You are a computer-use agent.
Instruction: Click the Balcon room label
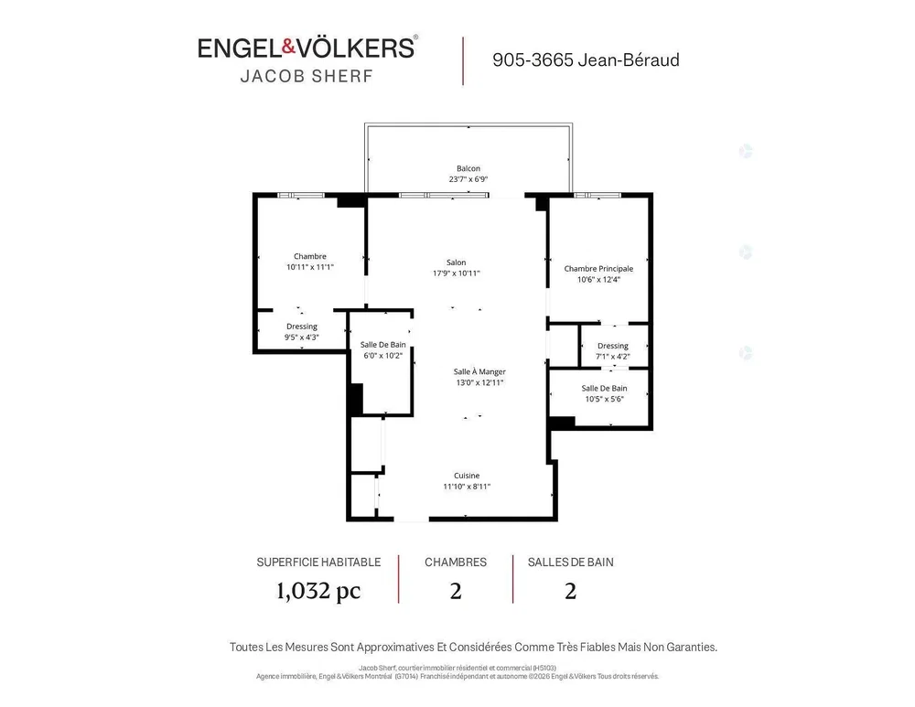pos(468,168)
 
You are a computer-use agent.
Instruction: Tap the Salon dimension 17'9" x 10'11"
pos(457,273)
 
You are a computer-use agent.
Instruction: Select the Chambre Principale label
pos(598,269)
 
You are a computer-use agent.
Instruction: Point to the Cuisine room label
pos(467,476)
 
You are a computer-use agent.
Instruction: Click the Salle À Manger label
pos(479,371)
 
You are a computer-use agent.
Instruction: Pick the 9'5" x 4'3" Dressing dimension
pos(302,337)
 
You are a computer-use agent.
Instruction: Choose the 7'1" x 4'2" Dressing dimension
pos(613,357)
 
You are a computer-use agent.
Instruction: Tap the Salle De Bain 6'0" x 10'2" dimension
pos(382,355)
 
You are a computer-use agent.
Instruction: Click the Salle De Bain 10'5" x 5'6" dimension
pos(605,399)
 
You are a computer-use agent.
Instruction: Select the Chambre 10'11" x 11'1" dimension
pos(310,267)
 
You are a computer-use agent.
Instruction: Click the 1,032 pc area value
pos(318,591)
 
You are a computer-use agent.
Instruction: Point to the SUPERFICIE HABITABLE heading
pos(318,562)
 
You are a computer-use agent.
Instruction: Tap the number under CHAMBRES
pos(456,592)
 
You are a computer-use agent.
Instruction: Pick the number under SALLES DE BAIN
pos(571,592)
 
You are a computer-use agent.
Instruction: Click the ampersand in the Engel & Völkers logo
pos(289,47)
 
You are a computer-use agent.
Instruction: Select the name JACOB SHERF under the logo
pos(307,77)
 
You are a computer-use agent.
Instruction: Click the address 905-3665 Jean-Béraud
pos(586,60)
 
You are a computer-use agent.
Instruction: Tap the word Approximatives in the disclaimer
pos(395,648)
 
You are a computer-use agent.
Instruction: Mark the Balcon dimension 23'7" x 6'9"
pos(468,179)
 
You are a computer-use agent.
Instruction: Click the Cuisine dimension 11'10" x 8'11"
pos(467,487)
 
